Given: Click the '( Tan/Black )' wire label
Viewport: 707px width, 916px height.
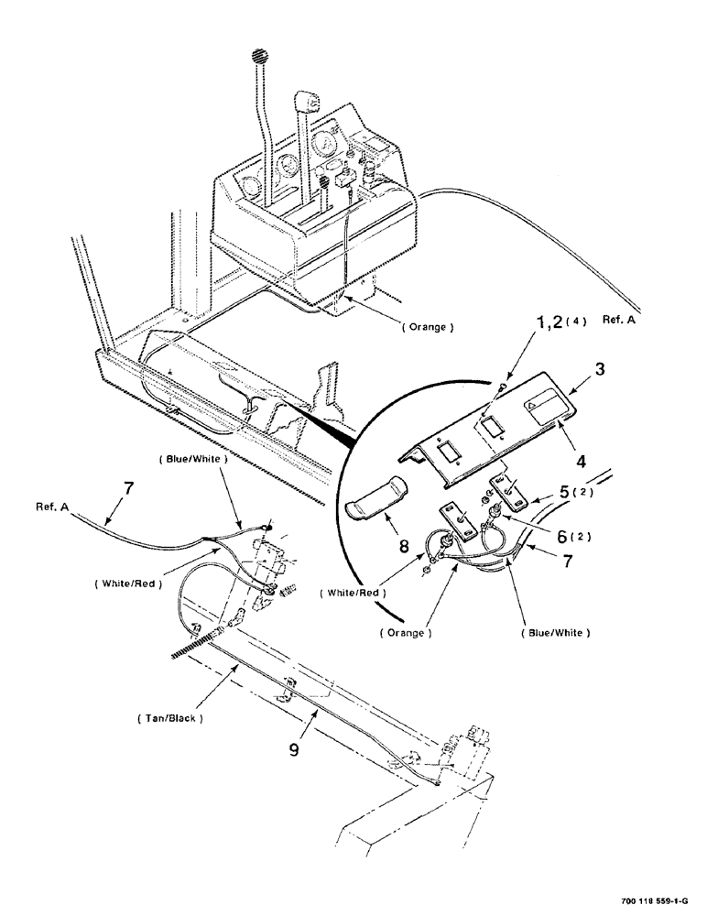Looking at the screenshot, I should coord(172,717).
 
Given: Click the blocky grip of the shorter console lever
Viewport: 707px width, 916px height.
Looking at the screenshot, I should coord(306,103).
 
